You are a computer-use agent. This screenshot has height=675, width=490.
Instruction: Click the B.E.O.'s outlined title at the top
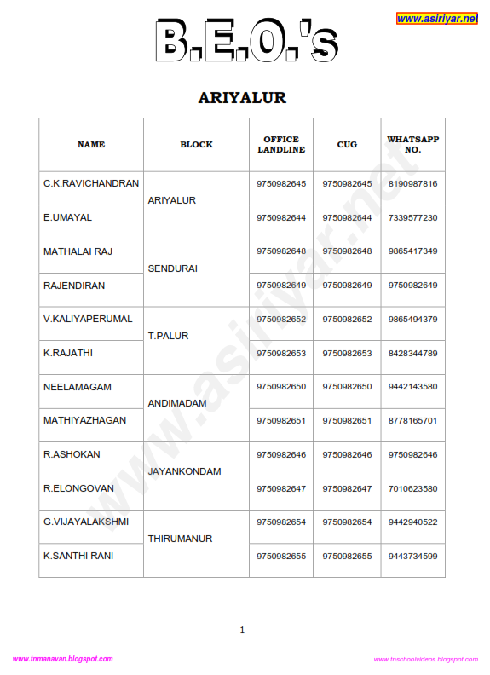click(246, 40)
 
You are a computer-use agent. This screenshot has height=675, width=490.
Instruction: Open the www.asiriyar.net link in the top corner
click(436, 19)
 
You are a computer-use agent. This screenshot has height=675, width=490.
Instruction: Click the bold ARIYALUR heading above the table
click(242, 98)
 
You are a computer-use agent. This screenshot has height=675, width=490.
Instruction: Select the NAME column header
click(91, 145)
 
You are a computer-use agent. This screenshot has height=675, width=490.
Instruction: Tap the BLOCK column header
click(196, 145)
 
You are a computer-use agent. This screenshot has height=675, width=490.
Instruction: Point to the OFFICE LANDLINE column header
click(281, 145)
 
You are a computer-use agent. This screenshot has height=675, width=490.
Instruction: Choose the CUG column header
click(347, 145)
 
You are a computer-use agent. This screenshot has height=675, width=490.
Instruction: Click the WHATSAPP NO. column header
click(412, 145)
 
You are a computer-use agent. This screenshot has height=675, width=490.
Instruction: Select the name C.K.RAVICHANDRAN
click(91, 183)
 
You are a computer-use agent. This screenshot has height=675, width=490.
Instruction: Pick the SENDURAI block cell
click(173, 268)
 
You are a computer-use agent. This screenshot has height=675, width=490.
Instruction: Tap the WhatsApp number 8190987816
click(412, 184)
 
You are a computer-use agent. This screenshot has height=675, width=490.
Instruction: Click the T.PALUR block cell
click(169, 336)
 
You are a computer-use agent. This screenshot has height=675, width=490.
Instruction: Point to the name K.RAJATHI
click(67, 353)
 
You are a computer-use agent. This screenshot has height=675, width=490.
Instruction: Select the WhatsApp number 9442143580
click(412, 387)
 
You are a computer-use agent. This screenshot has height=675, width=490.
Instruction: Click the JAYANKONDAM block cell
click(185, 471)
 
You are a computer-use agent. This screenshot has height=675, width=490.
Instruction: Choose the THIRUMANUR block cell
click(181, 539)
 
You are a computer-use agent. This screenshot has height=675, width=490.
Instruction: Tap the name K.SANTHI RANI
click(78, 556)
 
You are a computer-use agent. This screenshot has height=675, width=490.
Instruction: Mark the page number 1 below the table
click(242, 630)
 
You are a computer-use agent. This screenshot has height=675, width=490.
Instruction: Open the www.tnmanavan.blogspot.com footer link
click(62, 659)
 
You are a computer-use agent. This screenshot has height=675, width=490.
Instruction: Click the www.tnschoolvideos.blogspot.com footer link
click(425, 660)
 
